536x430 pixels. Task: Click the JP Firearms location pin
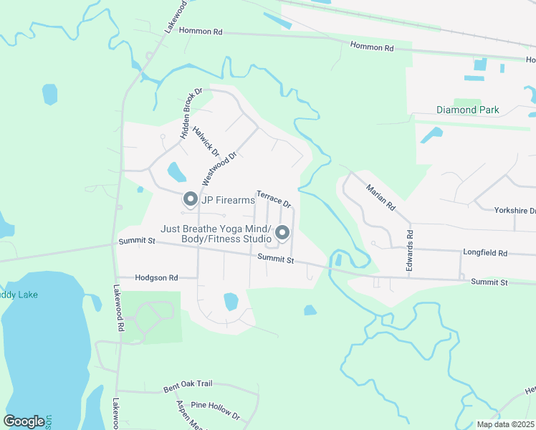coord(191,199)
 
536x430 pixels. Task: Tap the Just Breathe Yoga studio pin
coord(282,233)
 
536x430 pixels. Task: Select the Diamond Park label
coord(468,110)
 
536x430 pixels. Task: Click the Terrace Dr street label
coord(274,199)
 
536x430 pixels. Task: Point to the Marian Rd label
coord(381,196)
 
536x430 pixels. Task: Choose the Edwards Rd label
coord(411,244)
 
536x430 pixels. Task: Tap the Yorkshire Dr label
coord(515,211)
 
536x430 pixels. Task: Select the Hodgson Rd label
coord(157,277)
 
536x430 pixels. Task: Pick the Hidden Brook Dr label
coord(193,113)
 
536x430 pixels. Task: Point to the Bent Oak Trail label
coord(188,388)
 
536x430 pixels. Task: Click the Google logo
coord(24,421)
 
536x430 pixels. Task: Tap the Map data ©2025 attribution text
coord(506,424)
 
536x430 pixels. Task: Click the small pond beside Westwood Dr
coord(175,172)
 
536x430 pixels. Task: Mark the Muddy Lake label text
coord(19,295)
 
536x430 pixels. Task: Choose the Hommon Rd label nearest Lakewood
coord(201,32)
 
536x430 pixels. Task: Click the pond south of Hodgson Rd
coord(231,302)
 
